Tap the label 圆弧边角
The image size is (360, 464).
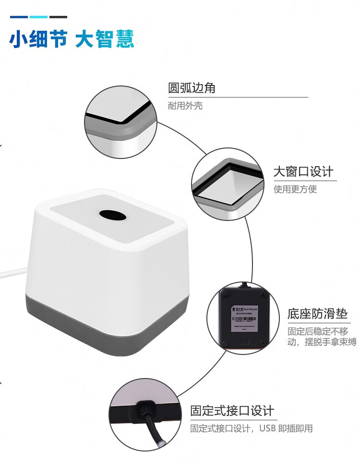coord(192,88)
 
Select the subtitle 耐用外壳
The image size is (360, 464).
coord(185,106)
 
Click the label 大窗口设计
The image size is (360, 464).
coord(303,171)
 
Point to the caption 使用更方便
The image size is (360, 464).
coord(295,189)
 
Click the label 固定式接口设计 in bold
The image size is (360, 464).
coord(232,411)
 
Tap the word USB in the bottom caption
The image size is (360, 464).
coord(268,428)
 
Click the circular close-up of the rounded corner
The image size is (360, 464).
coord(121,122)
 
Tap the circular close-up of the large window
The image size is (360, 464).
coord(228,185)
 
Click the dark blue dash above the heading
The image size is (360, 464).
coord(19,17)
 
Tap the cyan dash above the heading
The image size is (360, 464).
coord(38,17)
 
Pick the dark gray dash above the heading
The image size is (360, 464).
coord(58,17)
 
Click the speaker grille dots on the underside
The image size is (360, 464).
coord(245,341)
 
